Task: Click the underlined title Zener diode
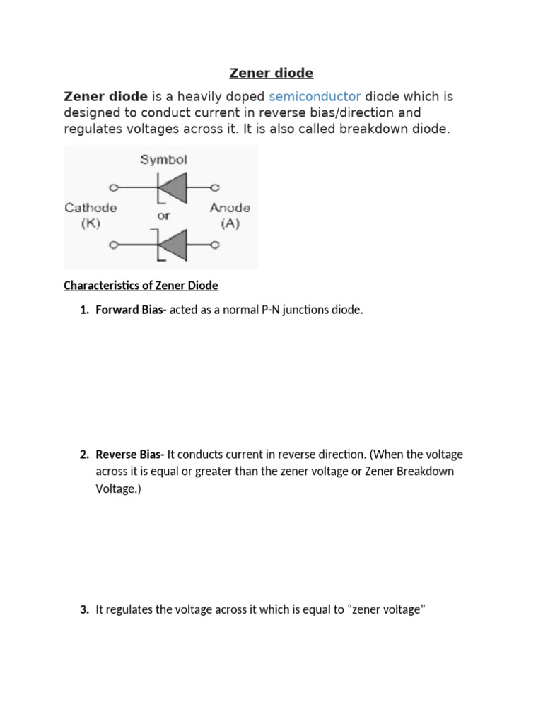[x=271, y=73]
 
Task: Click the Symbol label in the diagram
[x=163, y=160]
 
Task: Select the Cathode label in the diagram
[x=90, y=208]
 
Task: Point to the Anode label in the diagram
[x=230, y=208]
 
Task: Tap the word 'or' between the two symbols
[x=163, y=216]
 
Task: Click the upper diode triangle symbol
[x=175, y=188]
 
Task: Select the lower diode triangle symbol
[x=175, y=245]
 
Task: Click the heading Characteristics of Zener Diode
[x=141, y=286]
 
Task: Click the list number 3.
[x=83, y=609]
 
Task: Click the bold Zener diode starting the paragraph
[x=106, y=96]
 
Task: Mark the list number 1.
[x=83, y=310]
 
